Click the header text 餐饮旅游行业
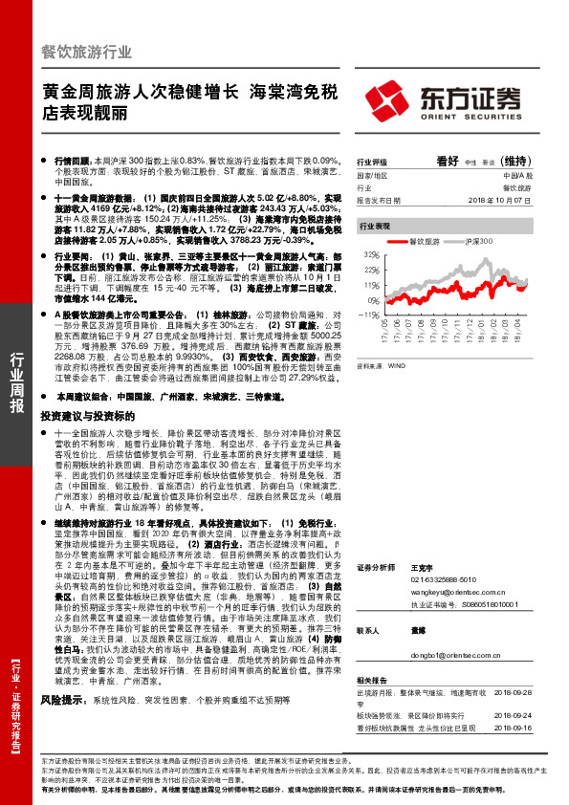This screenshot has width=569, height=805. pos(88,52)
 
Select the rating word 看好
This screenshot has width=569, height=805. pos(448,162)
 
